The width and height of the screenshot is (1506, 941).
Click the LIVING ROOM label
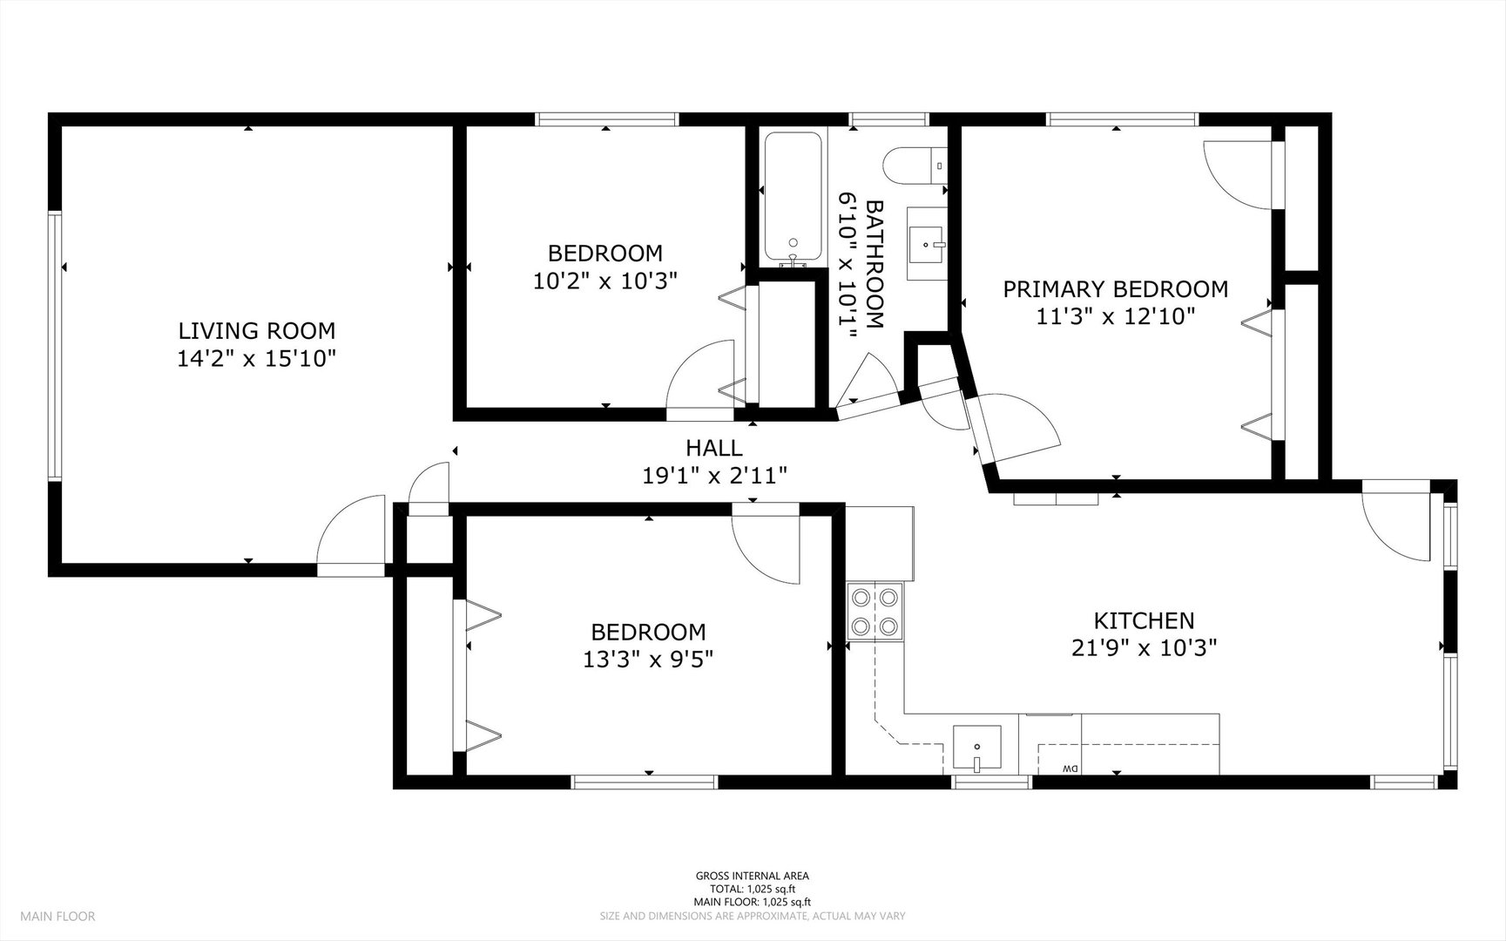(256, 331)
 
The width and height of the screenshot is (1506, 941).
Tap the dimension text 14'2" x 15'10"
(256, 359)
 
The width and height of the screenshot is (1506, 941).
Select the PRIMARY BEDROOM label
(1115, 289)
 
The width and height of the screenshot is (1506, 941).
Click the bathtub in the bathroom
(793, 198)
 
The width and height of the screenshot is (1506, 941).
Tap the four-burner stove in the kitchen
(875, 612)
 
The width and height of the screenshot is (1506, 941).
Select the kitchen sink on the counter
(976, 748)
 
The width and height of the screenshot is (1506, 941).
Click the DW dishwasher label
(1070, 768)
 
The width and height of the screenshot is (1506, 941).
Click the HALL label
(714, 448)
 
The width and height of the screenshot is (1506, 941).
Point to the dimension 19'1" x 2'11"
(714, 476)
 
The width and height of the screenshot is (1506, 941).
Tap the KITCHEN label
(1144, 620)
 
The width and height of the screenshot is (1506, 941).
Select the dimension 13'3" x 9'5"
(648, 660)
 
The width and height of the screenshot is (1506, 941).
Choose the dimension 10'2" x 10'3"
(604, 281)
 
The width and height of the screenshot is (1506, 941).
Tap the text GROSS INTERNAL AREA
(752, 877)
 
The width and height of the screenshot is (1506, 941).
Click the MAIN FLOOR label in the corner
(57, 916)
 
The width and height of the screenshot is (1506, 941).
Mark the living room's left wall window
(55, 346)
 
